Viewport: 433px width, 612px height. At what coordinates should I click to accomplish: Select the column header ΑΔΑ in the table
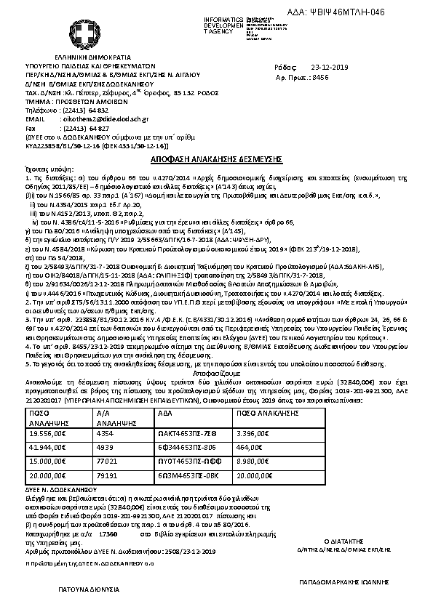[x=164, y=411]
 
